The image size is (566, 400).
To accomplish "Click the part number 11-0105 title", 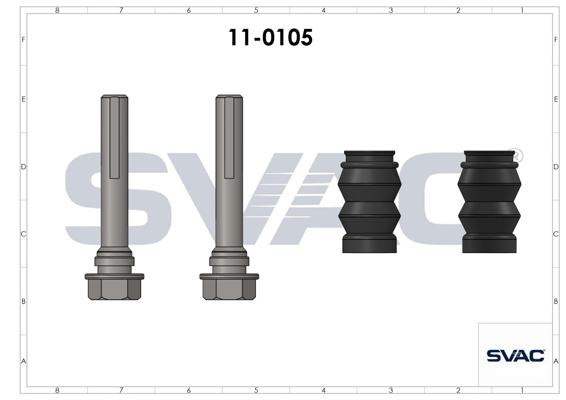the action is coord(270,38).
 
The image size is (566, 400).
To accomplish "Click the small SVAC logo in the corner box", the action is coord(515,356).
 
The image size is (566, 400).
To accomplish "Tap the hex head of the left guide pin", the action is coord(114,289).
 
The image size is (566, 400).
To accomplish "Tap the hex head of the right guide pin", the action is coord(229,289).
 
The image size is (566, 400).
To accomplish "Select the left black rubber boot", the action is coord(369,202).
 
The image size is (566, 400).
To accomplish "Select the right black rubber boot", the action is coord(489,202).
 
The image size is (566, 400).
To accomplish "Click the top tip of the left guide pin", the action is coord(114,95).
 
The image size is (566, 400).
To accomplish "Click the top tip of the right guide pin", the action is coord(229,95).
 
